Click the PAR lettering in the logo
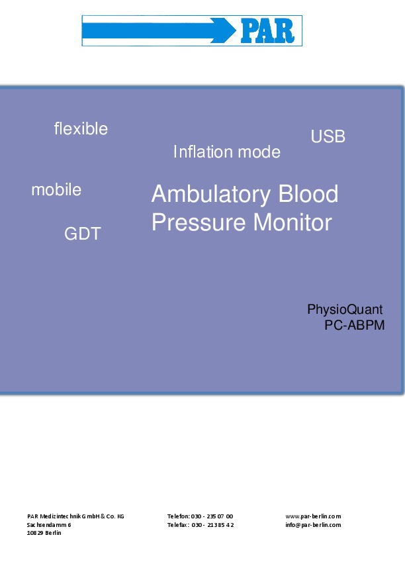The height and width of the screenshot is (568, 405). pyautogui.click(x=267, y=31)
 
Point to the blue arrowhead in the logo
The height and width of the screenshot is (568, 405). pyautogui.click(x=224, y=31)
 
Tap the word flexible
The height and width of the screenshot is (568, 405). pyautogui.click(x=81, y=128)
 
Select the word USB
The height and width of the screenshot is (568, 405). pyautogui.click(x=328, y=136)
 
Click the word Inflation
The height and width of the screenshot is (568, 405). pyautogui.click(x=203, y=152)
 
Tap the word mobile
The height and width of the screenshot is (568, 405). pyautogui.click(x=56, y=189)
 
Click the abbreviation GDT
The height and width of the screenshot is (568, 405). pyautogui.click(x=83, y=234)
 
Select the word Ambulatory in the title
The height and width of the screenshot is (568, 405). pyautogui.click(x=211, y=195)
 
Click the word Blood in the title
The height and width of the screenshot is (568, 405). pyautogui.click(x=308, y=194)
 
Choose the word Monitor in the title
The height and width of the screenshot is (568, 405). pyautogui.click(x=292, y=222)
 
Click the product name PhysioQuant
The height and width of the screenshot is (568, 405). pyautogui.click(x=345, y=310)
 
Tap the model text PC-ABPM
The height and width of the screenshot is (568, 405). pyautogui.click(x=354, y=325)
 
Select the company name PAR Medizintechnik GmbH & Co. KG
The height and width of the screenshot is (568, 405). pyautogui.click(x=75, y=516)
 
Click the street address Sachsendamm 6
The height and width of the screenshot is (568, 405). pyautogui.click(x=49, y=524)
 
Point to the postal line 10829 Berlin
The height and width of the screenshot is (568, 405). pyautogui.click(x=44, y=533)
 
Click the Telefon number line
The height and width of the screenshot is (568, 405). pyautogui.click(x=200, y=516)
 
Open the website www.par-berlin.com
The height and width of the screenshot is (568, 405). pyautogui.click(x=313, y=516)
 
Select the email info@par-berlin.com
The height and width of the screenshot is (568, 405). pyautogui.click(x=313, y=525)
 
